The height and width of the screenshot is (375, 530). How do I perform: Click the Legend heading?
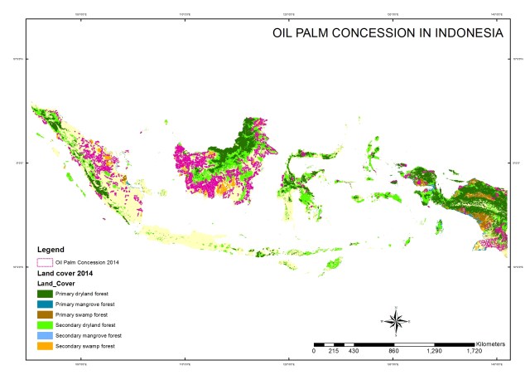[x=54, y=249]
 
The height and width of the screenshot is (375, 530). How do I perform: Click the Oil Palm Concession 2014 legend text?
[x=87, y=262]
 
